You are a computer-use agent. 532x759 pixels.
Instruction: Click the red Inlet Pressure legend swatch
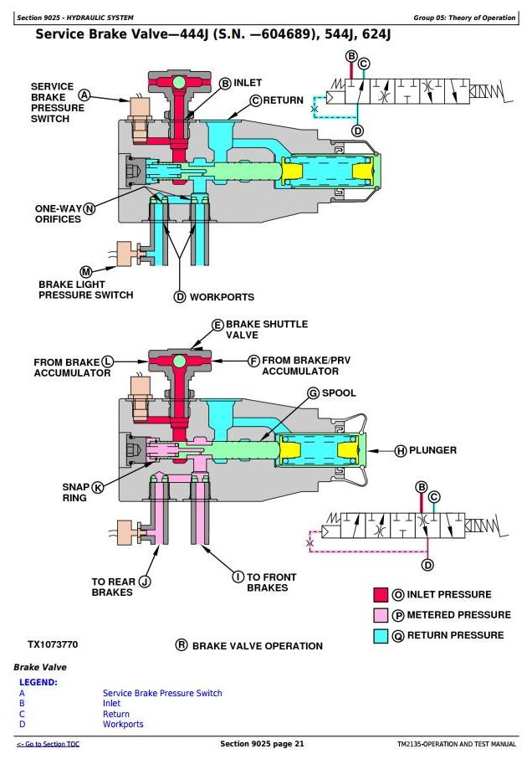pyautogui.click(x=381, y=594)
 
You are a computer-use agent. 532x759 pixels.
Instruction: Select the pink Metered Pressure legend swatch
pyautogui.click(x=381, y=615)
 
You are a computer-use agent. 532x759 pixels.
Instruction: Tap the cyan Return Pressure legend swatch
pyautogui.click(x=381, y=635)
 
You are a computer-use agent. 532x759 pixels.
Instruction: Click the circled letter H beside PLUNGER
pyautogui.click(x=401, y=451)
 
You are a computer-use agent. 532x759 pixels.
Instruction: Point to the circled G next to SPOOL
pyautogui.click(x=314, y=393)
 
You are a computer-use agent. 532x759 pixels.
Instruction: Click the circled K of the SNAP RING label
pyautogui.click(x=98, y=487)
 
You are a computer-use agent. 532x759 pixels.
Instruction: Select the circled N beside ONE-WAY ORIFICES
pyautogui.click(x=89, y=209)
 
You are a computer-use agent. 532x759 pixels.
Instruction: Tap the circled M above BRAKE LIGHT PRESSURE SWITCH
pyautogui.click(x=86, y=272)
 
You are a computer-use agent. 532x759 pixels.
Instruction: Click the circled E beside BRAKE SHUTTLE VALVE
pyautogui.click(x=218, y=325)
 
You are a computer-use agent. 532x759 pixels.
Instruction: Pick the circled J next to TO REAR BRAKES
pyautogui.click(x=145, y=582)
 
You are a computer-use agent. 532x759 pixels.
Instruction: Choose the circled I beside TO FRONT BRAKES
pyautogui.click(x=238, y=577)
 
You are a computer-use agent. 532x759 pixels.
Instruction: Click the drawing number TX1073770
pyautogui.click(x=53, y=644)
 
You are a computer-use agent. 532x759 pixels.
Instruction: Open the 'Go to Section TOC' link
pyautogui.click(x=48, y=744)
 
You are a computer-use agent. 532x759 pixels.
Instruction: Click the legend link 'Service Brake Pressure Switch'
pyautogui.click(x=162, y=693)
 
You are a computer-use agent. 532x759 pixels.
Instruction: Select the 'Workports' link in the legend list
pyautogui.click(x=123, y=724)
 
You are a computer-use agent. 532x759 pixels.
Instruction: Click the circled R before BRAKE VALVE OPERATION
pyautogui.click(x=182, y=644)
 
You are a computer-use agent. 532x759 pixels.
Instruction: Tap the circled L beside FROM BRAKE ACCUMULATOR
pyautogui.click(x=107, y=362)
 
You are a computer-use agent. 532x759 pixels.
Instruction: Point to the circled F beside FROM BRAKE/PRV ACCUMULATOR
pyautogui.click(x=254, y=362)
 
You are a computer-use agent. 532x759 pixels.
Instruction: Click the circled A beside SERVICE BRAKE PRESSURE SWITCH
pyautogui.click(x=84, y=95)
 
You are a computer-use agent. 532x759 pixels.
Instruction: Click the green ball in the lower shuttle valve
pyautogui.click(x=180, y=361)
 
